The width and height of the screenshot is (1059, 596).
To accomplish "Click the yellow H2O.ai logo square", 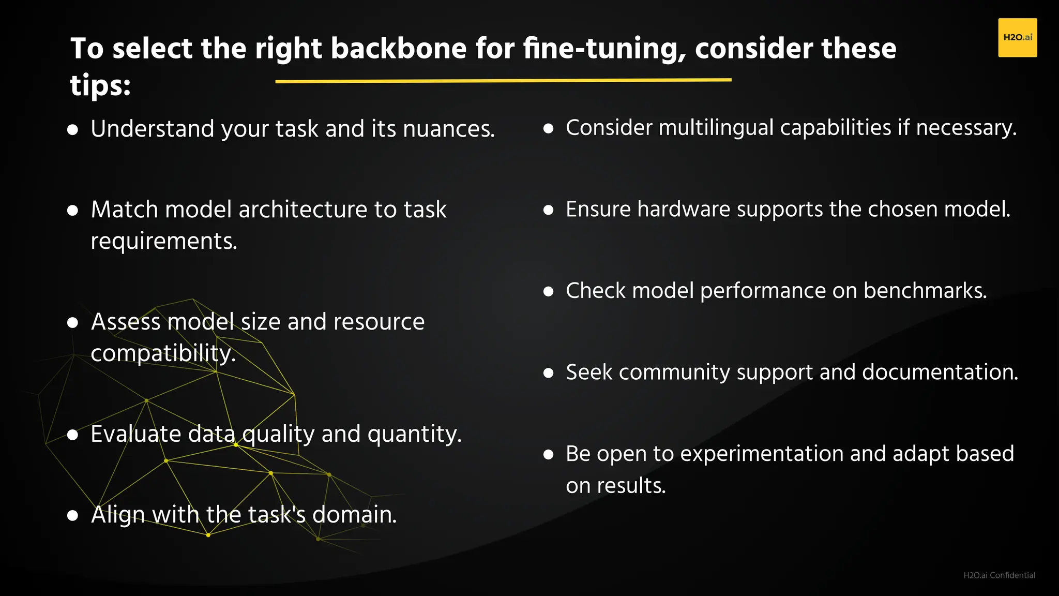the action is click(x=1017, y=37).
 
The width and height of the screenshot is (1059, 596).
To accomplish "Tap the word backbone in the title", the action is click(x=399, y=49).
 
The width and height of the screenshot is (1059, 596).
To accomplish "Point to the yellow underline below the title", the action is click(x=503, y=81).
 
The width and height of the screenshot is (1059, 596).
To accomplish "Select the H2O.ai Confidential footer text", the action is click(x=999, y=575).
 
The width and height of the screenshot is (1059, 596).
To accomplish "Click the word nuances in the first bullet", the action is click(x=448, y=129).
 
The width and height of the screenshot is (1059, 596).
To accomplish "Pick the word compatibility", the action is click(x=163, y=353).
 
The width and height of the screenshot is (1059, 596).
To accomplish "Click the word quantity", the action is click(x=414, y=434).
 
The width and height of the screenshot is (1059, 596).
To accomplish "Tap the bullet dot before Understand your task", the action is click(x=73, y=129).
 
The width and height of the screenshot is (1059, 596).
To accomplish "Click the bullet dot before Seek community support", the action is click(x=549, y=373).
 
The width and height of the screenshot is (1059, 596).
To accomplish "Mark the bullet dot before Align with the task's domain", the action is click(x=73, y=515).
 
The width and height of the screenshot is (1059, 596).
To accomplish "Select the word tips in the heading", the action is click(x=100, y=85).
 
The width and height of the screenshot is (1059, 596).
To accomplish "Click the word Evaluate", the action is click(x=135, y=434).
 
